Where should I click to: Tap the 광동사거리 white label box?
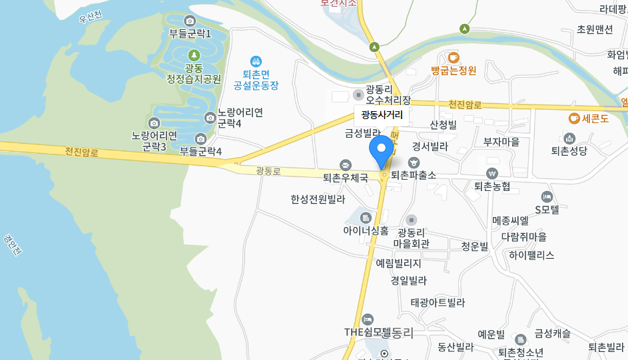pos(382,114)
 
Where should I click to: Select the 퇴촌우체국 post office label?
pos(346,178)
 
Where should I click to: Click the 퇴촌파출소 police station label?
pos(414,175)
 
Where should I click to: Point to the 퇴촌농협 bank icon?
pos(492,173)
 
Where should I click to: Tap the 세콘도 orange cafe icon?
pos(573,118)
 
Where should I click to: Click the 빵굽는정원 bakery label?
pos(454,70)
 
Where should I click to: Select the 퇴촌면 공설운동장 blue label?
pos(256,80)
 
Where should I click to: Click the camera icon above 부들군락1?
pos(190,21)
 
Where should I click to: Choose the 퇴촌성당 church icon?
pos(569,138)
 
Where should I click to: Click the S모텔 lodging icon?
pos(547,196)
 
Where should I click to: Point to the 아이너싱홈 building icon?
pos(366,218)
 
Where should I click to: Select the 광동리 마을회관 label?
pos(411,238)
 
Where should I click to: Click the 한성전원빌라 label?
pos(318,199)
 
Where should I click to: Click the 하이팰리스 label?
pos(531,255)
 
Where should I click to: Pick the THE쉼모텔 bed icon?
pos(368,320)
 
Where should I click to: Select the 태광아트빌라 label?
pos(438,303)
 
